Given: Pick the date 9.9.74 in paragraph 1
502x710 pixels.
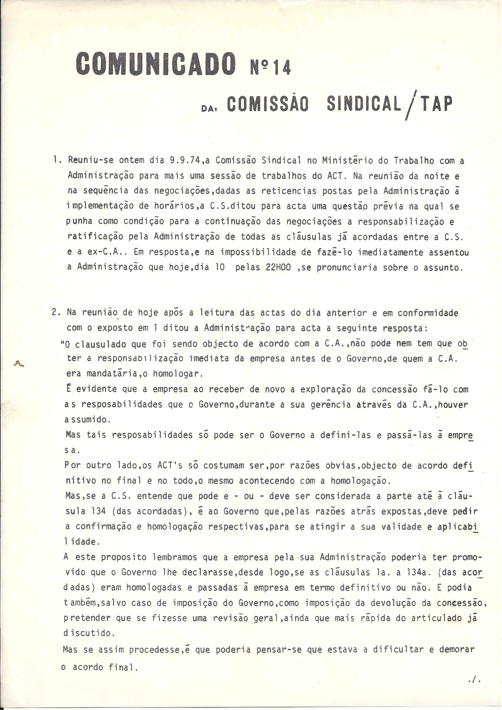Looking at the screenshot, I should click(185, 161).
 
